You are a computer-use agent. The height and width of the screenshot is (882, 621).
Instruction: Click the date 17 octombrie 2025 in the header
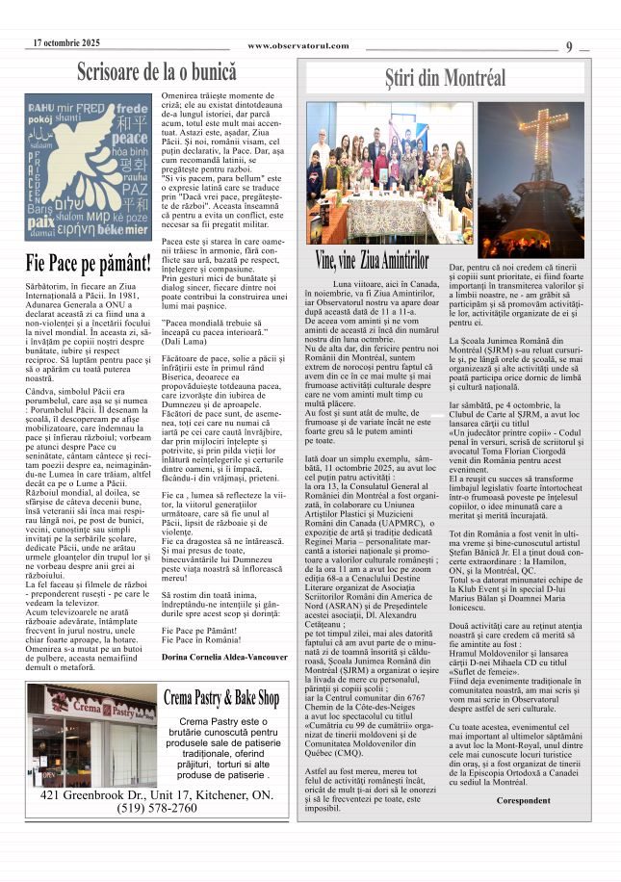point(66,43)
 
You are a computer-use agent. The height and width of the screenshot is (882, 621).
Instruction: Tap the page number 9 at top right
point(570,46)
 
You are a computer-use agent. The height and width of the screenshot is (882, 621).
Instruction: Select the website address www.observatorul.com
point(298,46)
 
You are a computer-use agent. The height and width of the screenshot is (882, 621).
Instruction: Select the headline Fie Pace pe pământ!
point(89,262)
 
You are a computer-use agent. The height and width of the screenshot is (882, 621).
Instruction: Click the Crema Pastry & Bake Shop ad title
point(221,697)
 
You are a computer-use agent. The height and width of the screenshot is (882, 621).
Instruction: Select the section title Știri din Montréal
point(445,77)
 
